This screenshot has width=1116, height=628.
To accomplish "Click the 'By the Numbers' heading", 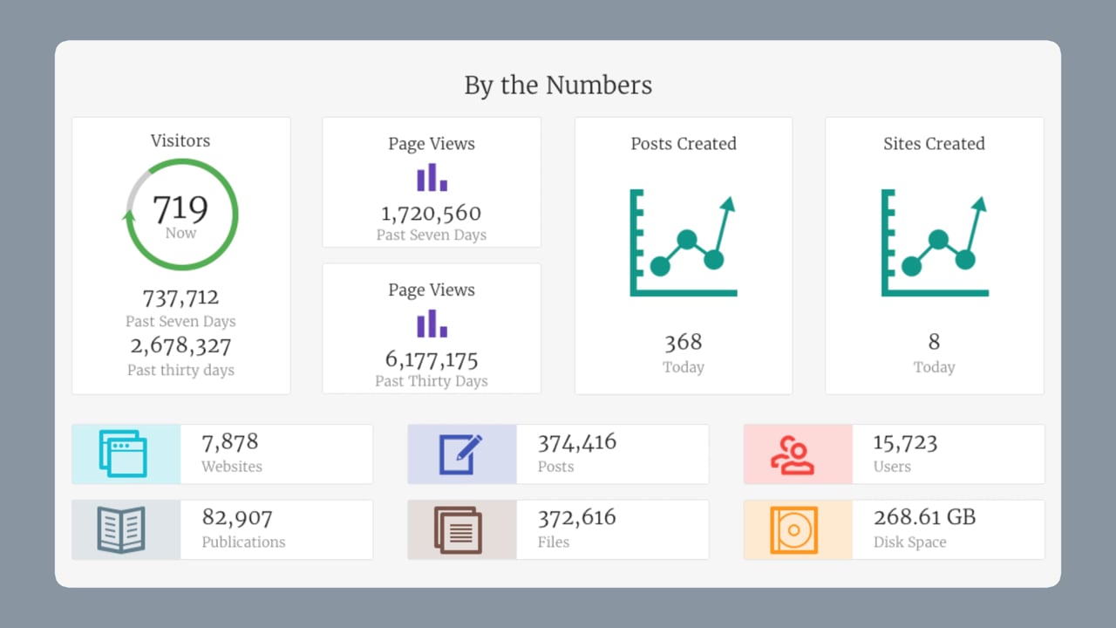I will pos(558,85).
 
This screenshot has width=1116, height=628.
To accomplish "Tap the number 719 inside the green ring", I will pos(180,209).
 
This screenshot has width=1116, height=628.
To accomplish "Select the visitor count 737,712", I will pos(180,298).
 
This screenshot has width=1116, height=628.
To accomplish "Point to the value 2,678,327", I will pos(180,346).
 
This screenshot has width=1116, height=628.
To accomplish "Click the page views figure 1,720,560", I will pos(432,213).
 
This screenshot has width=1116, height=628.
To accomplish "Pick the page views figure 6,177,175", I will pos(432,359).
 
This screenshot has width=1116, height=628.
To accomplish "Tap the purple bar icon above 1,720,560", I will pos(432,178).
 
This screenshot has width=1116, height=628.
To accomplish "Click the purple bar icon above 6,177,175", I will pos(432,324).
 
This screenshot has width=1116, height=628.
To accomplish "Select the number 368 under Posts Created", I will pos(683,342).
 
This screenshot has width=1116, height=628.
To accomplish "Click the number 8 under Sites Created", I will pos(934,342).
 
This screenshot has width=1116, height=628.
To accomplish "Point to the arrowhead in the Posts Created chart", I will pos(728,204).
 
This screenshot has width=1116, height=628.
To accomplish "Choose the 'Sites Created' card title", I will pos(934,144).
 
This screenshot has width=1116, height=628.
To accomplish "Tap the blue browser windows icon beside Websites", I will pos(123,454).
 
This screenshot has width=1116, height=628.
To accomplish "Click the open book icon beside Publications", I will pos(121,529).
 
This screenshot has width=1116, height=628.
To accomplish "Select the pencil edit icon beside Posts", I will pos(460,454).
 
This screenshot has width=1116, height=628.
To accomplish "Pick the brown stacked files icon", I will pos(457,529).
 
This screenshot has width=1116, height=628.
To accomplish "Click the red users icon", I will pos(793,454).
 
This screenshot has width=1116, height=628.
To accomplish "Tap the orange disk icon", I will pos(793,529).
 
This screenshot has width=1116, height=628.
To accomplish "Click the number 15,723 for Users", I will pos(905,442).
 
